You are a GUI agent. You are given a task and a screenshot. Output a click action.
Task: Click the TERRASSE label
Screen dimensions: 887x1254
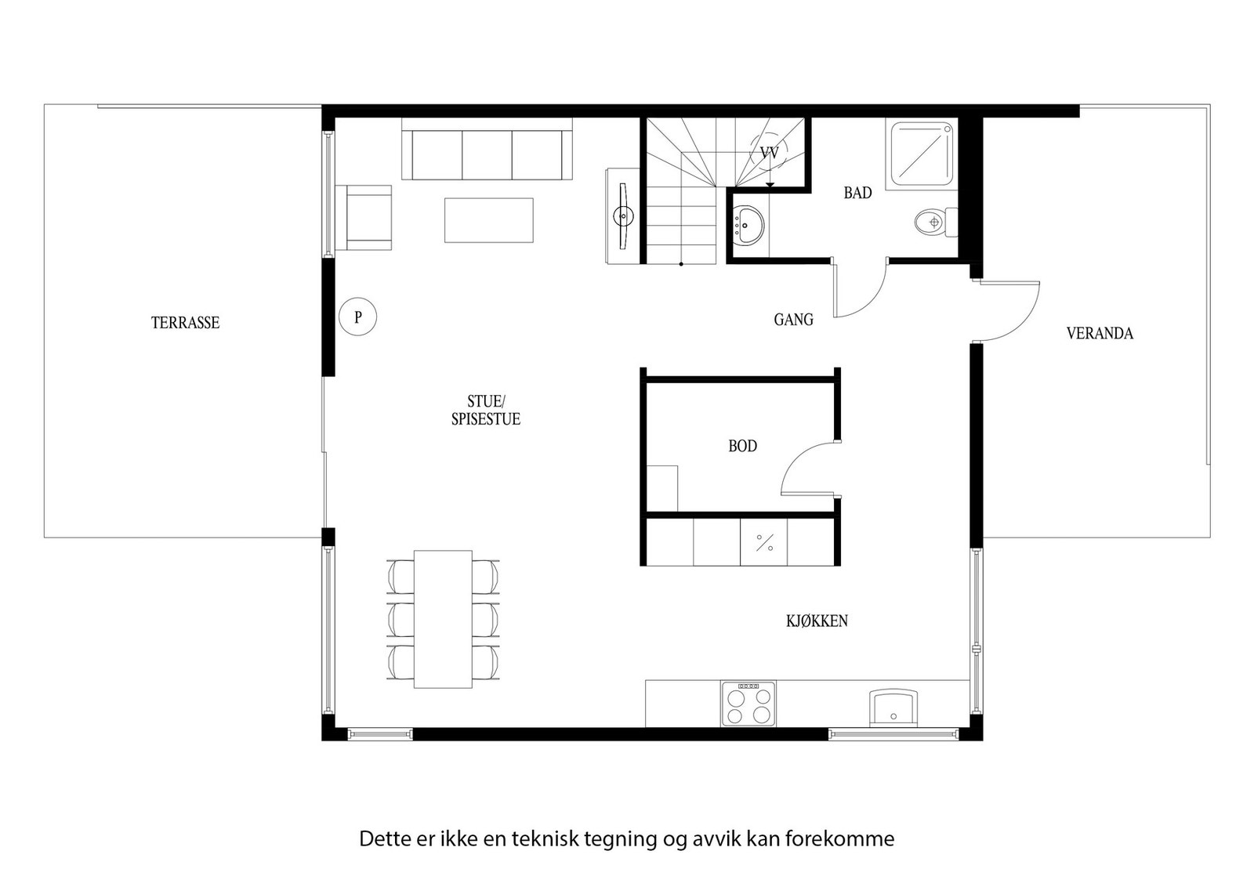point(185,323)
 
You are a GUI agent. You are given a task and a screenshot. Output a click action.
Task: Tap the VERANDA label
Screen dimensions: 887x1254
point(1100,334)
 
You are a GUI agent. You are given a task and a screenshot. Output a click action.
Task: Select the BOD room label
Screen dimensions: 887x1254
point(742,447)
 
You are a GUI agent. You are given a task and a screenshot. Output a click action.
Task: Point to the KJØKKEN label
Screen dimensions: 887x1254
point(817,621)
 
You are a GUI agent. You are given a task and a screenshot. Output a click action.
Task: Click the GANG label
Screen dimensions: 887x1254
point(793,320)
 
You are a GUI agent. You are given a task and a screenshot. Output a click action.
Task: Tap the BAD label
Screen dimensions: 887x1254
point(857,193)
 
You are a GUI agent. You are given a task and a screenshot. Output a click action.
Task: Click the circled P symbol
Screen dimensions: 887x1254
point(358,318)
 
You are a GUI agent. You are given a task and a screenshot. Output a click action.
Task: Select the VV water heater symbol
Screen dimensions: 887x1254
point(770,154)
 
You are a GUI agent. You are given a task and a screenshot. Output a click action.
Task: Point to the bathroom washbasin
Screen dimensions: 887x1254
point(748,225)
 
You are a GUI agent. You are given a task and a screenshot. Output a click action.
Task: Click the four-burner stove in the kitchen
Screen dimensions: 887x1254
point(748,704)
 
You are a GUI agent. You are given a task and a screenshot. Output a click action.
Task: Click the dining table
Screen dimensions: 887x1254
point(443,619)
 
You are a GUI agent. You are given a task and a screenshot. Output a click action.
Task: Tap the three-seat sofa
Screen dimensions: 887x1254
point(487,154)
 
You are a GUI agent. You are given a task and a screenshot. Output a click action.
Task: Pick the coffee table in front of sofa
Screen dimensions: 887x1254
point(489,220)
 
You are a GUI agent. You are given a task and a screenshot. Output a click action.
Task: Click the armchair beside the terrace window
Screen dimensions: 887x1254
point(364,218)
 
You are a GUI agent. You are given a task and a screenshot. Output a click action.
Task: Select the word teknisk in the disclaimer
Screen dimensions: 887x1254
point(545,839)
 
